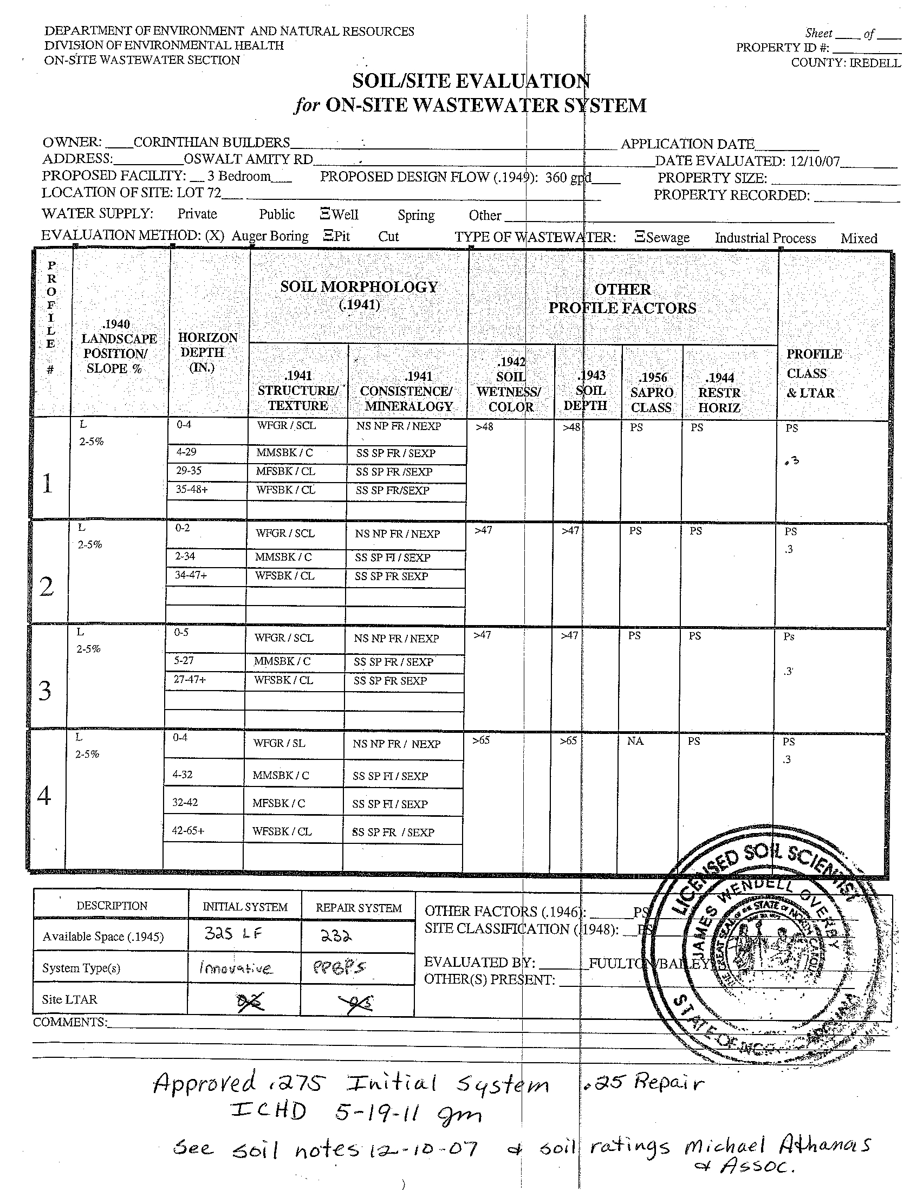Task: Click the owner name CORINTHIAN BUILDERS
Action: [211, 143]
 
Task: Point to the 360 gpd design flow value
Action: [568, 178]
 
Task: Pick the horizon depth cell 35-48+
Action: [191, 489]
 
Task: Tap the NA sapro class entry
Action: [635, 741]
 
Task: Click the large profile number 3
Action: [45, 691]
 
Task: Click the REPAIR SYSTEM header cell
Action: [359, 908]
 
